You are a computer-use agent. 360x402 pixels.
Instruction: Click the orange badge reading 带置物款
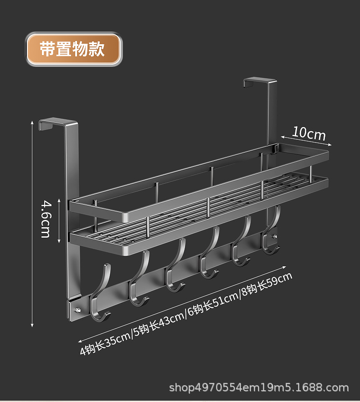pos(73,49)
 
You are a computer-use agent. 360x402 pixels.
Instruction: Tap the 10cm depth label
pos(309,133)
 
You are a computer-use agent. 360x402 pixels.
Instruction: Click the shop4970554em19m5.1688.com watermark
pos(259,388)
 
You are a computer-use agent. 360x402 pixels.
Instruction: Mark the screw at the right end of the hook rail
pos(275,236)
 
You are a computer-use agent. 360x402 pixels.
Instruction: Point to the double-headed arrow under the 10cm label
pos(305,141)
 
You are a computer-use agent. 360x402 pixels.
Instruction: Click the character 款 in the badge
pos(97,49)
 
